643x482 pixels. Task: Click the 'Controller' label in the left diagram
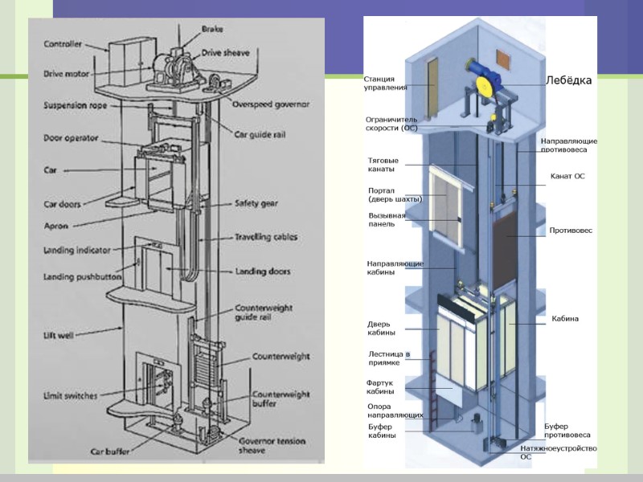(x=63, y=44)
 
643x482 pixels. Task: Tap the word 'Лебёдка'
(x=568, y=80)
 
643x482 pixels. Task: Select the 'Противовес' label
(x=571, y=231)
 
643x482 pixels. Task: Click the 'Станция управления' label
(x=386, y=84)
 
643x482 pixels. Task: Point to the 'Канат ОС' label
(x=567, y=175)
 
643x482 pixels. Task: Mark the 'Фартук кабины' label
(x=380, y=387)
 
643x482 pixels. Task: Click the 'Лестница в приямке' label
(x=389, y=358)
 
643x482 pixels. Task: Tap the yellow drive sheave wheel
(x=485, y=87)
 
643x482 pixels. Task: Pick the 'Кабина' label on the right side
(x=564, y=319)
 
